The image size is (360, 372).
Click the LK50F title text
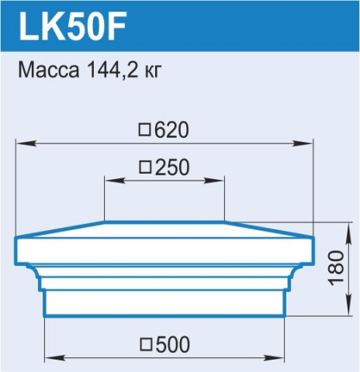[73, 26]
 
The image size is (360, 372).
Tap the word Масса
[49, 70]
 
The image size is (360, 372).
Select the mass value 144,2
[112, 71]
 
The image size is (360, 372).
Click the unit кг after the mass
[153, 72]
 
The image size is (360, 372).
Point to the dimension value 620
[171, 130]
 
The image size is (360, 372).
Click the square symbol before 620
[144, 130]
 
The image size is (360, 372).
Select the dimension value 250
[172, 167]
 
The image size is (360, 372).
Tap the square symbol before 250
[145, 167]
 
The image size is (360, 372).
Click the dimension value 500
[172, 344]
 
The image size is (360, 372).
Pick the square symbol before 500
[146, 345]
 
